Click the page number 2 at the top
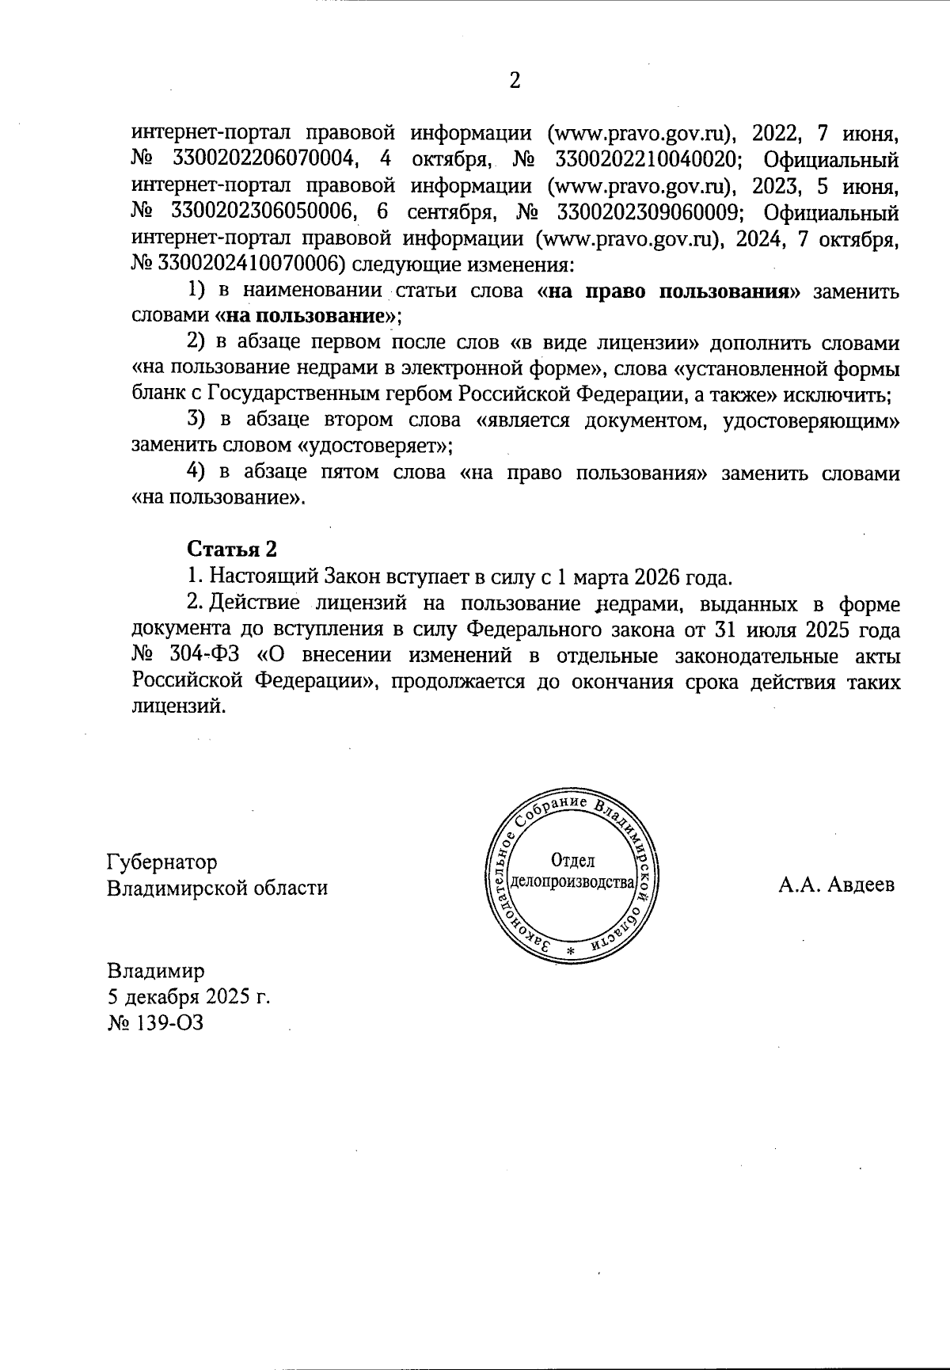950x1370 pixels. click(x=515, y=81)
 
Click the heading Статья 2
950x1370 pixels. click(x=231, y=549)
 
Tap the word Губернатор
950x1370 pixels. click(x=162, y=861)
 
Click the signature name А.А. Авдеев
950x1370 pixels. click(x=836, y=885)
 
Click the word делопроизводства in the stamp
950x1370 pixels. click(x=574, y=882)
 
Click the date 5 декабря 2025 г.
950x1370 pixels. click(x=188, y=996)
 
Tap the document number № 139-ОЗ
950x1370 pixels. click(x=155, y=1022)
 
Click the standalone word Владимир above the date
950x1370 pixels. click(x=156, y=970)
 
